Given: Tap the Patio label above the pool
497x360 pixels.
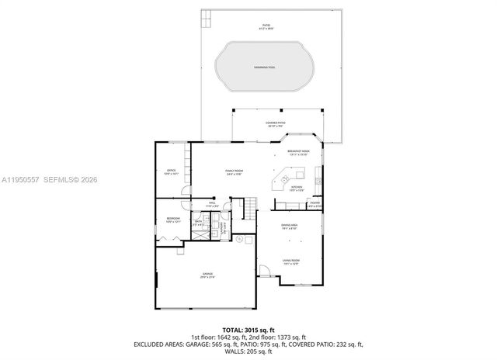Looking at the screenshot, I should click(x=266, y=28).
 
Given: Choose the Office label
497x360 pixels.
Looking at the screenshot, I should click(x=172, y=172).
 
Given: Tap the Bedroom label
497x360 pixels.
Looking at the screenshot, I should click(x=172, y=220).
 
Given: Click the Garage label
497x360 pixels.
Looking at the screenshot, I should click(x=207, y=275).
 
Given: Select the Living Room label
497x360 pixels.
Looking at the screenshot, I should click(x=291, y=261).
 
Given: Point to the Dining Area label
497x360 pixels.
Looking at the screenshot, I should click(x=290, y=227).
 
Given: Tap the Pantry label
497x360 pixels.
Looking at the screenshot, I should click(x=314, y=206).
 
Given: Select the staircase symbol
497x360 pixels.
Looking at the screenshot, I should click(x=249, y=207).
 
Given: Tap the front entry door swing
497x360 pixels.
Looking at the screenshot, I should click(x=265, y=272).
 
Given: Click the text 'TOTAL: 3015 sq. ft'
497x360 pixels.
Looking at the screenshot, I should click(x=248, y=330).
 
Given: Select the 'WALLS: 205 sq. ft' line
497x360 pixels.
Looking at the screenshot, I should click(x=248, y=351).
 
